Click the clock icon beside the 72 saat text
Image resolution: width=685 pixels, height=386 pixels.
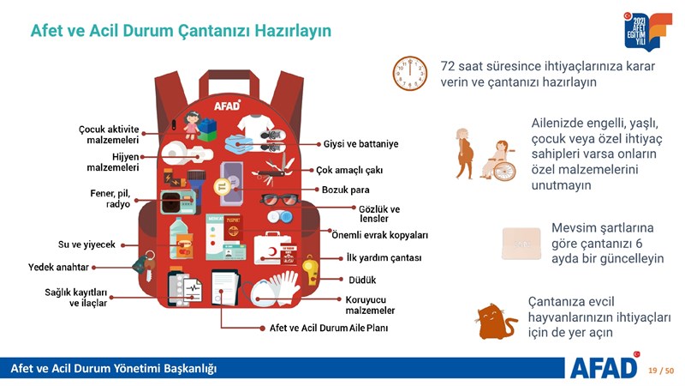[410, 73]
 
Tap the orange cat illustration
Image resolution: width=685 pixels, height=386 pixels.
[496, 323]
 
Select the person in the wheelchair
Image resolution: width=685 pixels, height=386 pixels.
[498, 160]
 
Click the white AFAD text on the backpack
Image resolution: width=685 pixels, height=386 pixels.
[227, 106]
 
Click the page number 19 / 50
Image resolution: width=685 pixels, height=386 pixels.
[661, 371]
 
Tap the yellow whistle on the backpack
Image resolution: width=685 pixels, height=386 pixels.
[311, 270]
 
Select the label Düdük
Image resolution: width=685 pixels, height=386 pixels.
[362, 280]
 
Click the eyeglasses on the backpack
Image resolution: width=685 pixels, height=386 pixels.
[280, 200]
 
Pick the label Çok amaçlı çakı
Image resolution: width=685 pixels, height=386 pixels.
[349, 170]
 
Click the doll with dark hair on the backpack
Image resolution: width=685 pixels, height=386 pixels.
[192, 124]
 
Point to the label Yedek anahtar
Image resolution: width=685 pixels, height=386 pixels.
[58, 267]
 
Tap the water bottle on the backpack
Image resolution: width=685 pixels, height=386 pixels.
[178, 238]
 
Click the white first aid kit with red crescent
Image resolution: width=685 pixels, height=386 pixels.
[272, 249]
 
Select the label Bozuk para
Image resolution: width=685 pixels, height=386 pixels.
[346, 190]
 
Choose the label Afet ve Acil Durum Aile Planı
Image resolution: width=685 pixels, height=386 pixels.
[329, 328]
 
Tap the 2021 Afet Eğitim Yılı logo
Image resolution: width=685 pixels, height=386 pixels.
[648, 31]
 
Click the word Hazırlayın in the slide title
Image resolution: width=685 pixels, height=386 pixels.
[293, 31]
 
